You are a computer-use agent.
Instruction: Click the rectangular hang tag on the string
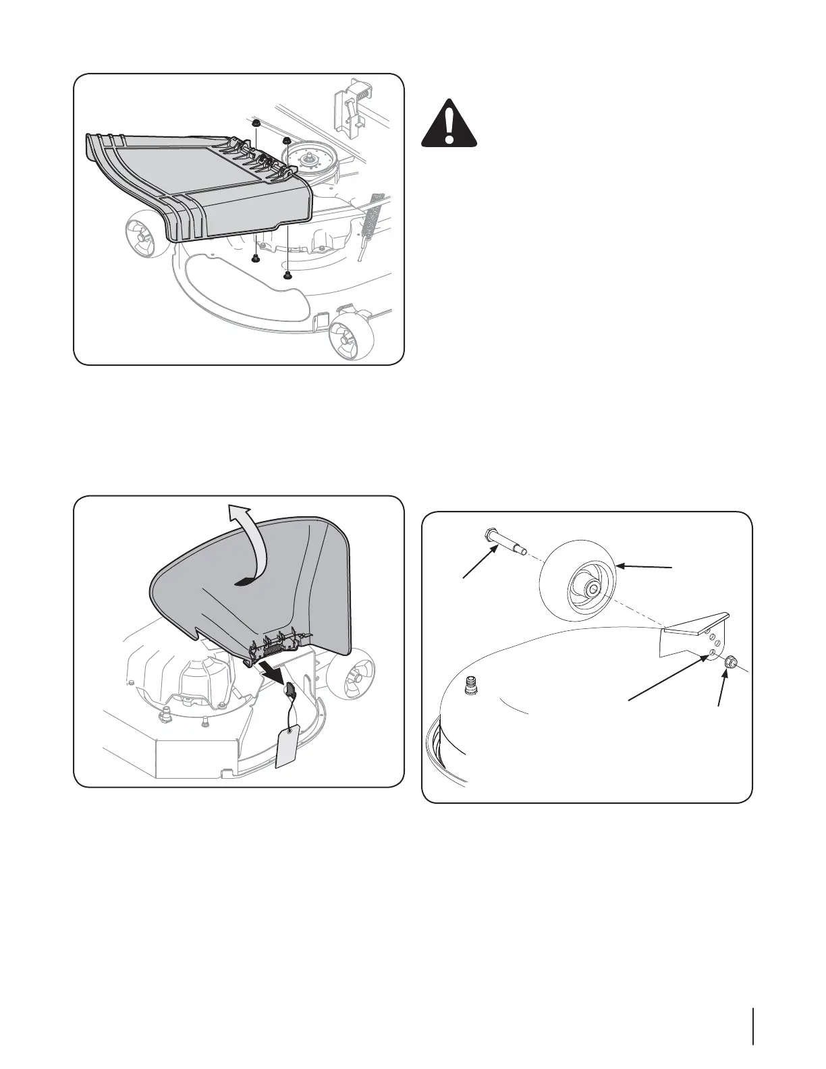point(288,744)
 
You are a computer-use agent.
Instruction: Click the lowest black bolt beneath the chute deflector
point(288,275)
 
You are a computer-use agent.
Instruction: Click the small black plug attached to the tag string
point(290,690)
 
